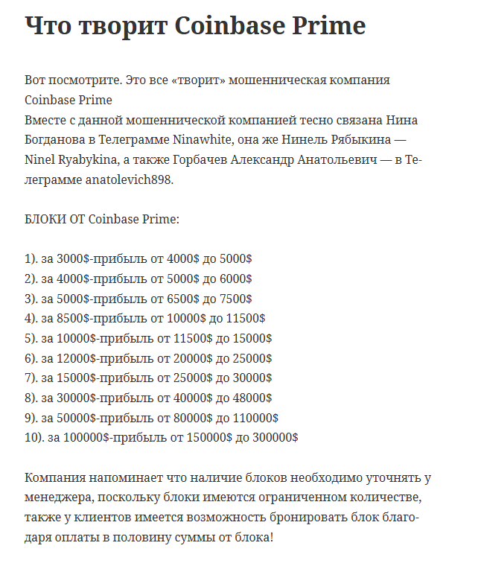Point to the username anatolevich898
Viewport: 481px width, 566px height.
130,179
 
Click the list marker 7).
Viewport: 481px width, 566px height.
31,378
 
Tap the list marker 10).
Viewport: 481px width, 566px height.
34,438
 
